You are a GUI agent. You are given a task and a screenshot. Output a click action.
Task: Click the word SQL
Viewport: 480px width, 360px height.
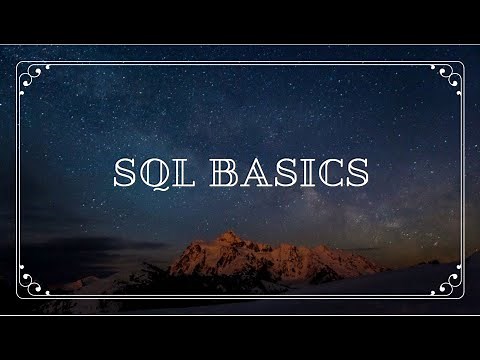[x=154, y=175]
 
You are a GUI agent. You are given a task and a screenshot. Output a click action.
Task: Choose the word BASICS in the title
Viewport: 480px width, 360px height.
[x=291, y=175]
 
